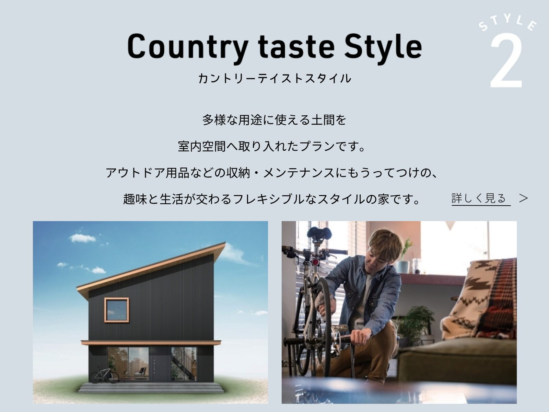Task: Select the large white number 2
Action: coord(506,62)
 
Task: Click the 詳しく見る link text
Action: coord(479,198)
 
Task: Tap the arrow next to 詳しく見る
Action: coord(523,198)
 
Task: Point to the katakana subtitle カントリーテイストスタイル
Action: coord(274,78)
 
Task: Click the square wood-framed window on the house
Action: coord(117,310)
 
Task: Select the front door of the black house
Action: coord(160,364)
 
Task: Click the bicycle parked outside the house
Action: coord(104,375)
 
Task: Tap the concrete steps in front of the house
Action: coord(151,388)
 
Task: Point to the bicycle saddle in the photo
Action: coord(319,233)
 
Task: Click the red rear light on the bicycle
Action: coord(315,262)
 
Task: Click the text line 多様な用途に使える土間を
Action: coord(274,120)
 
